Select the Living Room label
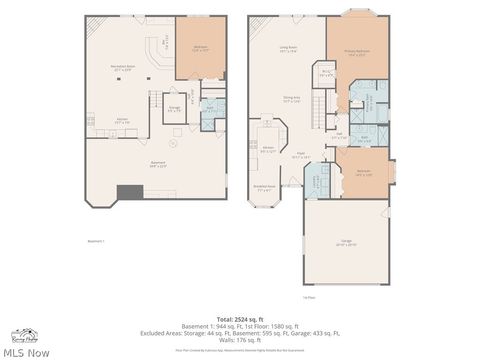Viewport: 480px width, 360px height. click(x=290, y=49)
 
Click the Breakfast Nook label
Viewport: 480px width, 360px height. click(x=265, y=188)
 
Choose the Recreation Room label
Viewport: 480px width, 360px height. click(x=123, y=69)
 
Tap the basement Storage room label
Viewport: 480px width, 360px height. click(x=174, y=108)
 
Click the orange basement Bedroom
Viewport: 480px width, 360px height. click(x=200, y=47)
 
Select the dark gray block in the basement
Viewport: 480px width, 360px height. click(x=129, y=193)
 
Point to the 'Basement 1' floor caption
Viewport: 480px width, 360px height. click(x=96, y=241)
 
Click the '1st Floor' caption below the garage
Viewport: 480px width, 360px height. click(x=310, y=297)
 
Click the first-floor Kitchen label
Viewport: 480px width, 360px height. click(x=268, y=149)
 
